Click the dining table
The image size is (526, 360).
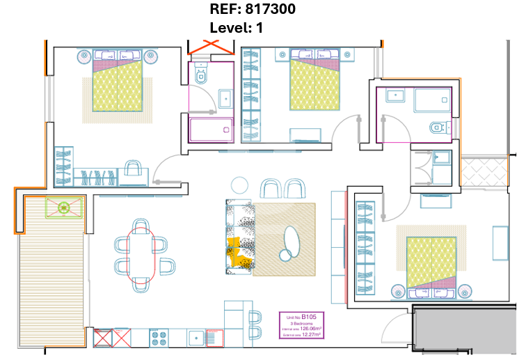coord(141,254)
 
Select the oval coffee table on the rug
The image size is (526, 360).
coord(289,243)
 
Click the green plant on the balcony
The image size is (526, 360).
coord(65,207)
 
